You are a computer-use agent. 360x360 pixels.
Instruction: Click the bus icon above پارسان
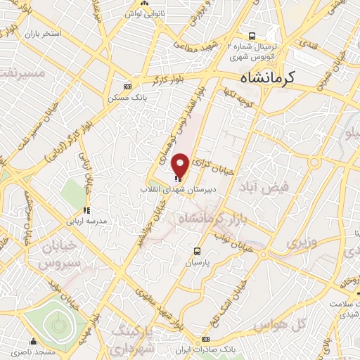pos(198,250)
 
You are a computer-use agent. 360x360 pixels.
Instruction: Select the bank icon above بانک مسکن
pos(127,86)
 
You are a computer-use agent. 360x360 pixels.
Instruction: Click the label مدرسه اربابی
pos(86,220)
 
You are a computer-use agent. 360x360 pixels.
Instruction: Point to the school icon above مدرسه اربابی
pos(86,210)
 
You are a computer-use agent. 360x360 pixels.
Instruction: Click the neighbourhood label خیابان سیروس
pos(54,256)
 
